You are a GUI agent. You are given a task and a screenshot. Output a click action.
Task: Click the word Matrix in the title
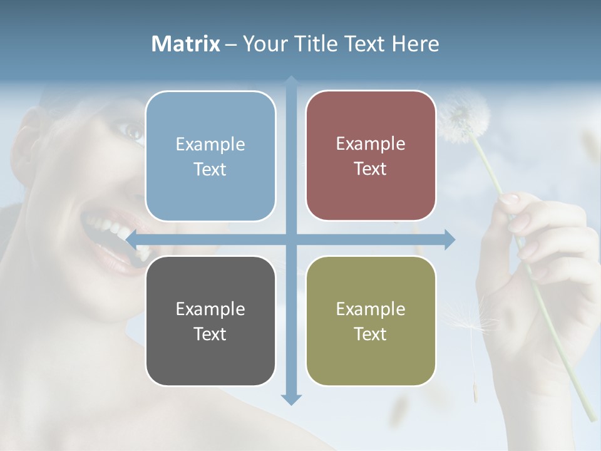(186, 44)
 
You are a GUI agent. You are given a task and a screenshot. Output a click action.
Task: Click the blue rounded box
(210, 157)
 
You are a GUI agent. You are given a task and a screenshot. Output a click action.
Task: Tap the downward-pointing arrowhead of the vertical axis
(291, 399)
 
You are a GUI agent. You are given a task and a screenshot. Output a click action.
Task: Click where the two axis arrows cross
(291, 239)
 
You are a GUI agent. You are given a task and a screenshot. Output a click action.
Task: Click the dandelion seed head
(462, 116)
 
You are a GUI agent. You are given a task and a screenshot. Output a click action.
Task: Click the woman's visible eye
(133, 132)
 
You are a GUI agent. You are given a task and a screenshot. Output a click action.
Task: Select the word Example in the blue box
(210, 144)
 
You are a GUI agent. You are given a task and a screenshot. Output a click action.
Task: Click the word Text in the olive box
(371, 334)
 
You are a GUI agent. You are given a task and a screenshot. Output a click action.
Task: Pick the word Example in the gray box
(210, 309)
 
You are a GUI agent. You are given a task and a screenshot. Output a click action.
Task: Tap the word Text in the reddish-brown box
(371, 168)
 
